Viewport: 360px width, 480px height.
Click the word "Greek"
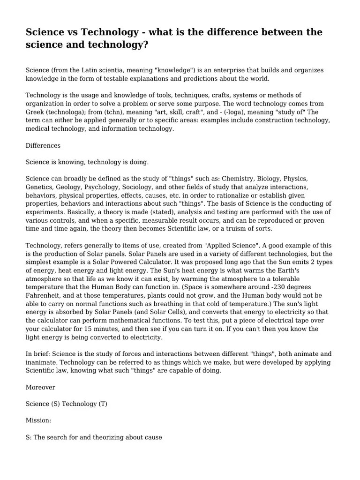point(36,112)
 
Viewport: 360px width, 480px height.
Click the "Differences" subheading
point(43,146)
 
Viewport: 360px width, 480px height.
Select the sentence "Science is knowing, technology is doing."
point(87,162)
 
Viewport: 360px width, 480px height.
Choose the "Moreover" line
point(40,387)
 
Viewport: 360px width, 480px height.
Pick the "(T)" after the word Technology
point(103,404)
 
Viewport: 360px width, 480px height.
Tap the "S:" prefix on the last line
point(30,437)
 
